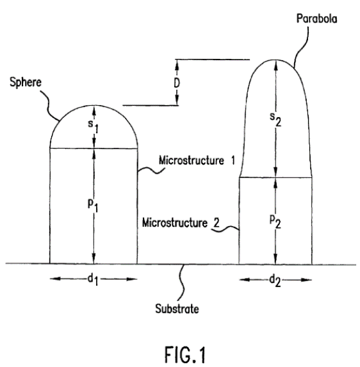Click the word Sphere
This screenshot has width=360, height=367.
[26, 82]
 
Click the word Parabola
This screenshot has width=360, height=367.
[316, 19]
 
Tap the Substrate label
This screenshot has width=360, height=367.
[177, 309]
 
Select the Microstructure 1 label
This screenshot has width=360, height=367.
[197, 161]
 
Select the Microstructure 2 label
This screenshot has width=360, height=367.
[181, 223]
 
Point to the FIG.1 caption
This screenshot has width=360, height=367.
[185, 355]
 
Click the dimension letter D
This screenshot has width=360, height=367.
[177, 83]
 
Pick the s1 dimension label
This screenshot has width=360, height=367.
[93, 126]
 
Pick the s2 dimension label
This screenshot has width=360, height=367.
[275, 119]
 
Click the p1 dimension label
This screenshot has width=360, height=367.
[93, 206]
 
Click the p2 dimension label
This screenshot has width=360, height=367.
[275, 222]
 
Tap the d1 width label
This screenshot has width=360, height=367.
[93, 279]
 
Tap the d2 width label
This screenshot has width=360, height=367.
[275, 280]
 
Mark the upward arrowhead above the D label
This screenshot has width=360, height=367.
[177, 65]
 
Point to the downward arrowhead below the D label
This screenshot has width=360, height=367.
[177, 100]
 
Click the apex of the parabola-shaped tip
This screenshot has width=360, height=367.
[275, 60]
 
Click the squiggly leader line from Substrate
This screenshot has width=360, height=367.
[181, 282]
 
